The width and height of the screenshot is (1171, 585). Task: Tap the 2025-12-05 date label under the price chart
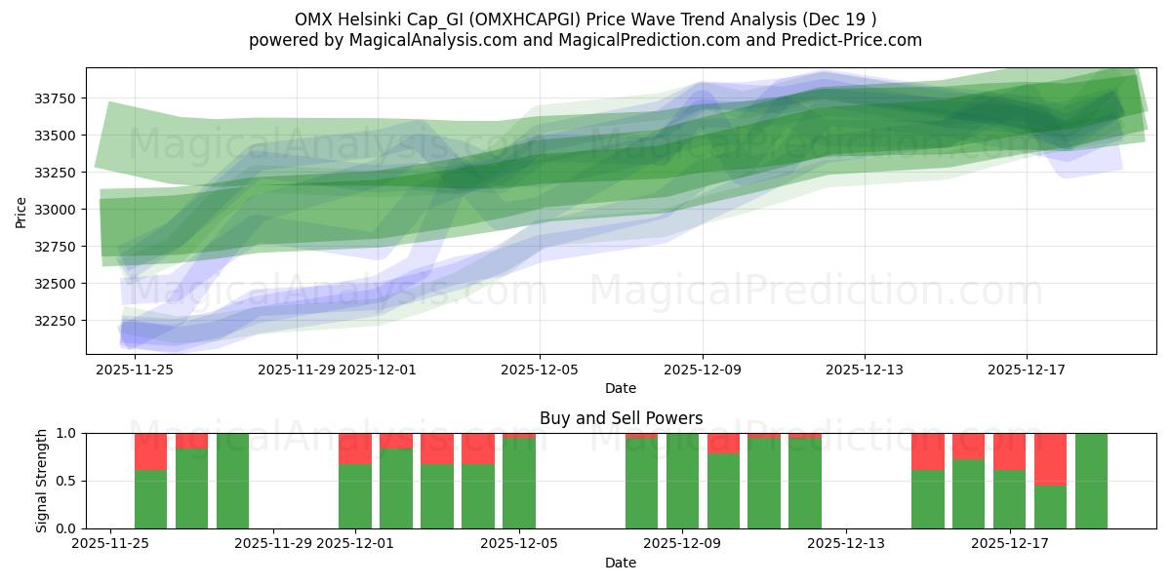coord(540,370)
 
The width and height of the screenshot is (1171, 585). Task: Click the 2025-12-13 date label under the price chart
coord(864,370)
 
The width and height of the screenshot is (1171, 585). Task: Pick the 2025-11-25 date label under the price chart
coord(135,370)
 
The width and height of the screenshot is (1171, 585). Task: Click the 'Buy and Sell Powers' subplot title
coord(621,418)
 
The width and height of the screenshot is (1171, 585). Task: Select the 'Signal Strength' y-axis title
coord(41,481)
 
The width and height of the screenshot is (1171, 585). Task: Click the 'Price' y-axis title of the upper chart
coord(21,211)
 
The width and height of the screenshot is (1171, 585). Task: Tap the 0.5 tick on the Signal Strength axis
coord(67,481)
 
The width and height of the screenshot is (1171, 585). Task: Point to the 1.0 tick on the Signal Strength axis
coord(67,433)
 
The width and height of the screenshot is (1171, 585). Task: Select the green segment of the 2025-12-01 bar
coord(355,496)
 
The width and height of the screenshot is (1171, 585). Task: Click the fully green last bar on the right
coord(1091,481)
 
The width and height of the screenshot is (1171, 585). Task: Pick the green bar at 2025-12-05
coord(519,483)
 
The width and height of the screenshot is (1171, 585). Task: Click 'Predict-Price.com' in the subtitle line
coord(851,40)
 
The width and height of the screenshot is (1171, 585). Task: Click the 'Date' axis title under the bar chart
coord(621,563)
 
